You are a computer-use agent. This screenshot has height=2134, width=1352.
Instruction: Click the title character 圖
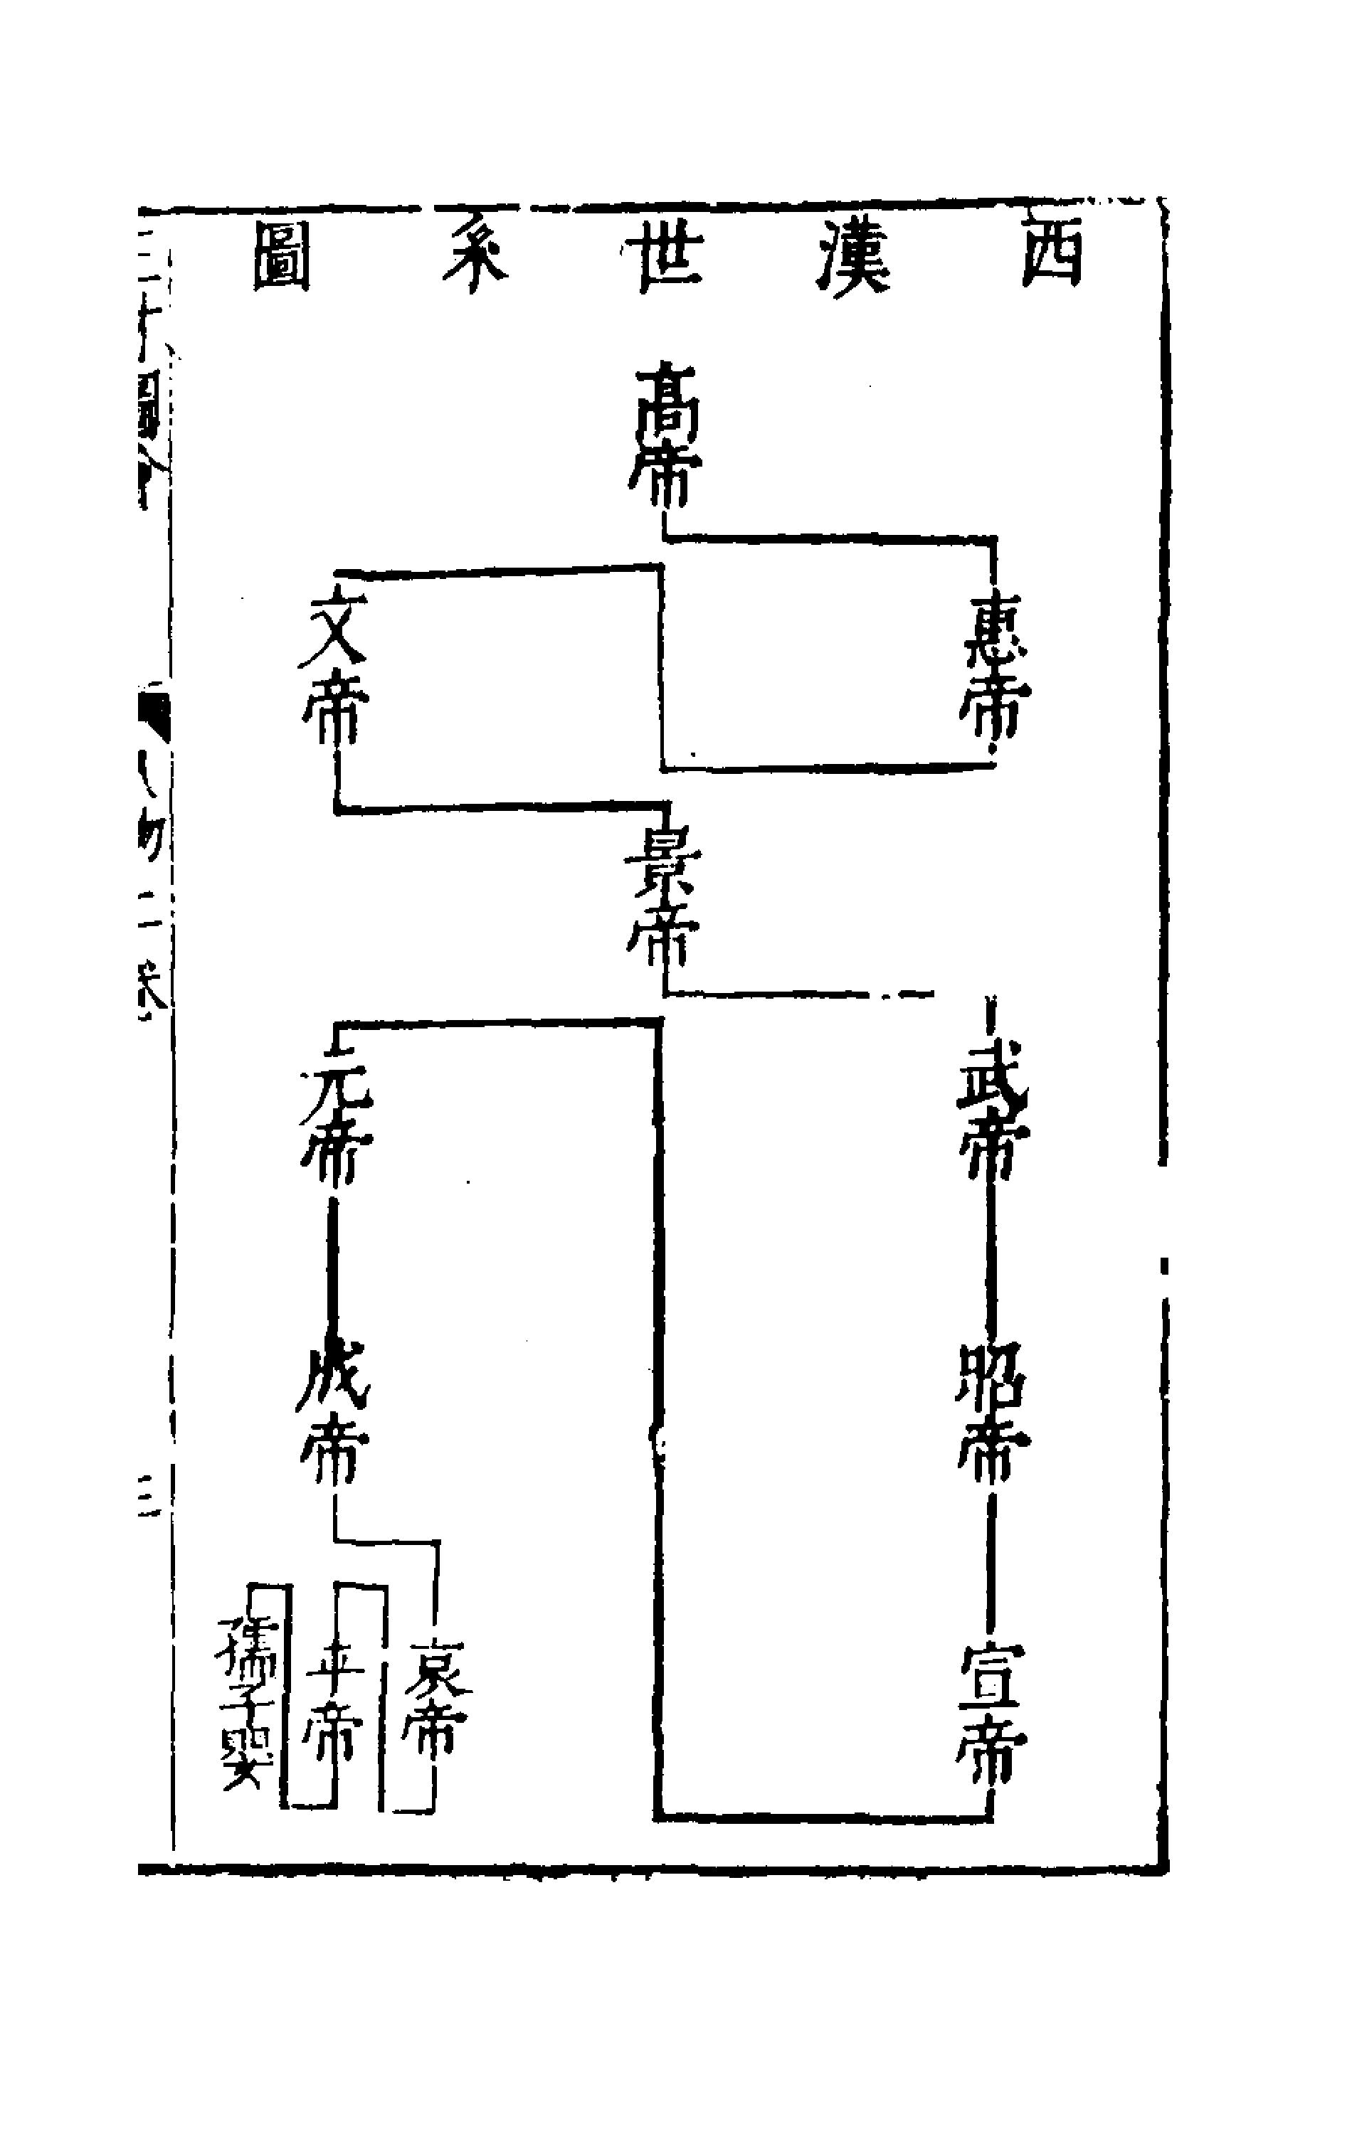click(x=282, y=257)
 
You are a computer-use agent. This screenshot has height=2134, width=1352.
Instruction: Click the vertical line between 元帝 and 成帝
click(x=332, y=1268)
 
